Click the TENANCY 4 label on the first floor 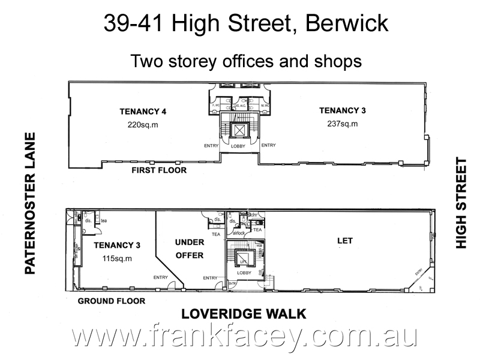pyautogui.click(x=143, y=112)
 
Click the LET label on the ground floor pyautogui.click(x=345, y=241)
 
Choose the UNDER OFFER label pyautogui.click(x=190, y=248)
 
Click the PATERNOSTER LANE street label pyautogui.click(x=31, y=204)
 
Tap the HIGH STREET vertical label pyautogui.click(x=461, y=203)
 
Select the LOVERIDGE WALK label pyautogui.click(x=244, y=314)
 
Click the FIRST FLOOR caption pyautogui.click(x=159, y=170)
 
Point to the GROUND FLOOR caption pyautogui.click(x=111, y=301)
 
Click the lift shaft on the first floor pyautogui.click(x=240, y=130)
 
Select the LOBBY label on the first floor pyautogui.click(x=239, y=146)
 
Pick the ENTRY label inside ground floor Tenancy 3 pyautogui.click(x=160, y=277)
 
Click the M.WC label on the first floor pyautogui.click(x=263, y=106)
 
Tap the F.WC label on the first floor pyautogui.click(x=217, y=106)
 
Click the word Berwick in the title pyautogui.click(x=347, y=23)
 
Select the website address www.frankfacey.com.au pyautogui.click(x=244, y=337)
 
